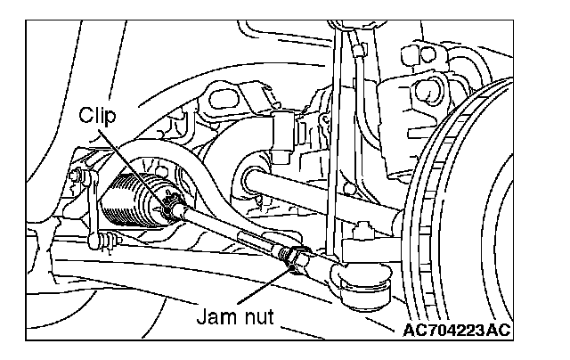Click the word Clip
coord(97,115)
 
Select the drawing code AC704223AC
coord(457,331)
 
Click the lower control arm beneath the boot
coord(178,267)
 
